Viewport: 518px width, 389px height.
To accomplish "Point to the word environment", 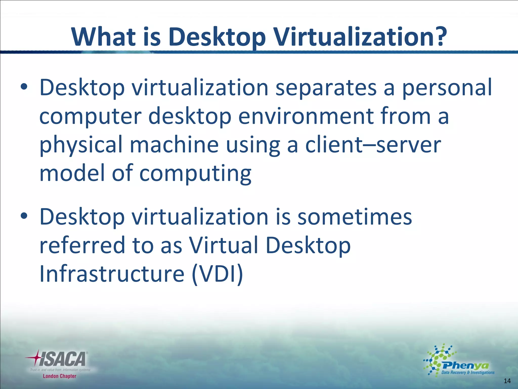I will point(306,116).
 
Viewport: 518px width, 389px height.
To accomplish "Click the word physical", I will point(81,145).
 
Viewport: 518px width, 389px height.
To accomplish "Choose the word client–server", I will point(373,145).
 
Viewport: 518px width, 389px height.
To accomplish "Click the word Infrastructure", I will point(112,274).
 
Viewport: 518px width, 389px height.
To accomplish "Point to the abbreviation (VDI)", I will point(218,274).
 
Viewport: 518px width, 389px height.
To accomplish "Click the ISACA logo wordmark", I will point(62,359).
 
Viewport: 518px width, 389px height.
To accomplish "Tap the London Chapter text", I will point(59,376).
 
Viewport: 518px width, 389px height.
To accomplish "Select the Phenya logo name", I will point(465,365).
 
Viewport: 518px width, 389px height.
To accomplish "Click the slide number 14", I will point(507,381).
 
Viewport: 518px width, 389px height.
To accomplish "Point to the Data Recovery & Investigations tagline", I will point(468,373).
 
